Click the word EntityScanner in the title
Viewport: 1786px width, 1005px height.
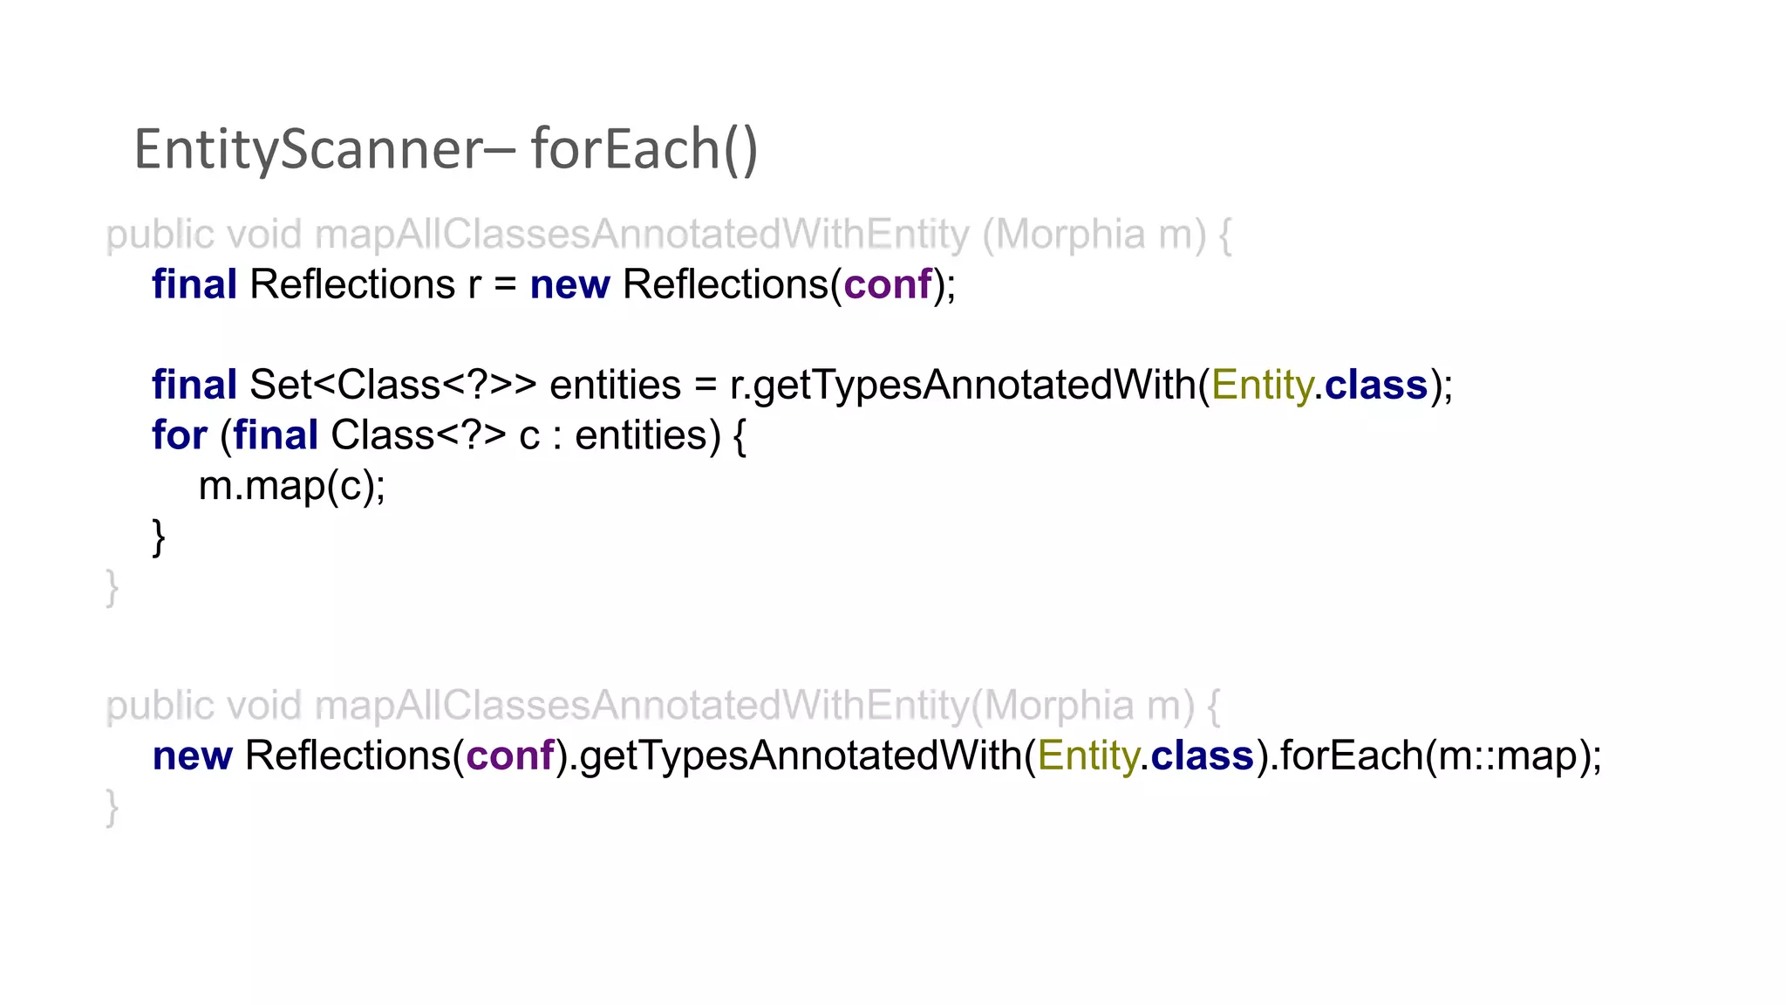tap(307, 150)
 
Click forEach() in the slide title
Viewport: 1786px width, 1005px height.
tap(644, 150)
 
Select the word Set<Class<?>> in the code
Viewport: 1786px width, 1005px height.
tap(392, 386)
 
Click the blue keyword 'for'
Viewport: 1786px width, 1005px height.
tap(179, 435)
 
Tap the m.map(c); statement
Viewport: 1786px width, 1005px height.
tap(291, 486)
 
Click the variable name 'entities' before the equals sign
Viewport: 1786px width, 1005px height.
tap(615, 386)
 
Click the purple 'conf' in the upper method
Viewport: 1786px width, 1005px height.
tap(887, 285)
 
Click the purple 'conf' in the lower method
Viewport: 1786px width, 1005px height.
tap(509, 756)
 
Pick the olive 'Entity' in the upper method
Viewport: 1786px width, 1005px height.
tap(1261, 386)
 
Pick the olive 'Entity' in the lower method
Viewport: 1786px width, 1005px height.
tap(1087, 756)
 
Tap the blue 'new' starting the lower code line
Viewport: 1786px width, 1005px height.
tap(192, 756)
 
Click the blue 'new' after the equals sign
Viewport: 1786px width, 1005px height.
tap(569, 285)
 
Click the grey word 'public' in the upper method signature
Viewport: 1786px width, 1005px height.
tap(160, 236)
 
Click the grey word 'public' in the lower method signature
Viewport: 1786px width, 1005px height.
tap(160, 707)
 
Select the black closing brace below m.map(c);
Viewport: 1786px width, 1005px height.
tap(159, 537)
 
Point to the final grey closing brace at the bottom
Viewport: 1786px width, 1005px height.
tap(112, 807)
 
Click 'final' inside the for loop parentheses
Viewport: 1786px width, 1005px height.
tap(275, 435)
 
